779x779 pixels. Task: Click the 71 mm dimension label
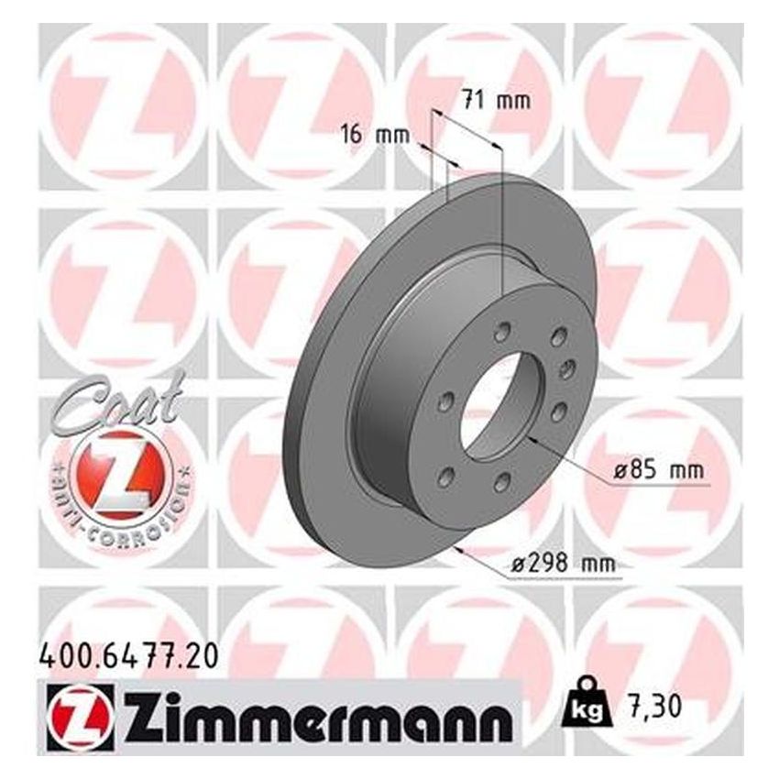point(496,102)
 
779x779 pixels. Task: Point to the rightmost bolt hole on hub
point(567,368)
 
